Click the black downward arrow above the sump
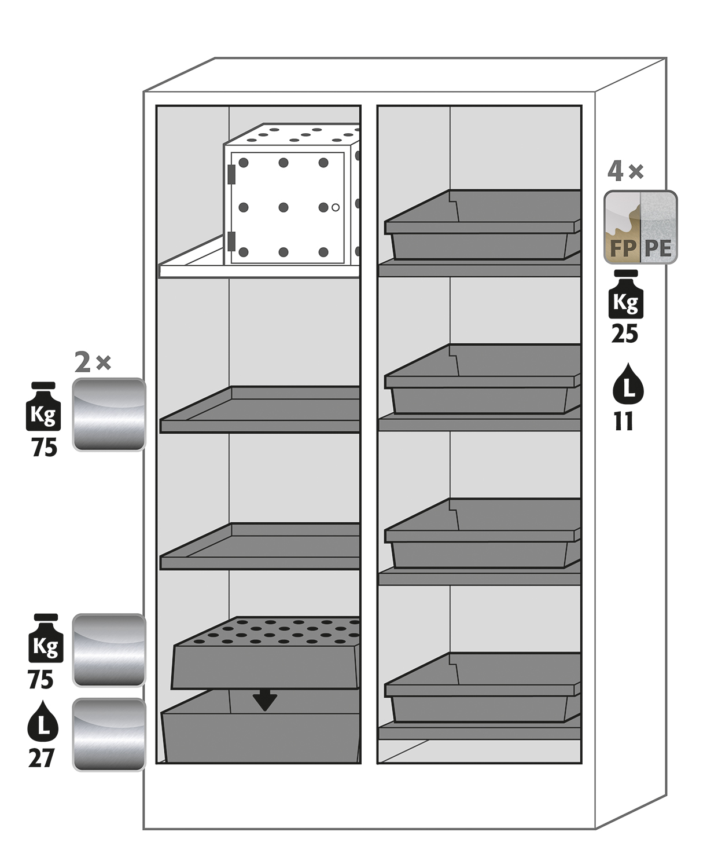pyautogui.click(x=265, y=701)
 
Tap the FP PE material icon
pyautogui.click(x=640, y=227)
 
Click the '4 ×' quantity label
pyautogui.click(x=625, y=171)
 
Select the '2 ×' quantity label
pyautogui.click(x=93, y=363)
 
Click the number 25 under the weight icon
pyautogui.click(x=625, y=334)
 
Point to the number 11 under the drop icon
pyautogui.click(x=624, y=422)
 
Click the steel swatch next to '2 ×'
pyautogui.click(x=109, y=415)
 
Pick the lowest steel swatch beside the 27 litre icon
pyautogui.click(x=109, y=735)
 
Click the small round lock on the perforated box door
pyautogui.click(x=336, y=207)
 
